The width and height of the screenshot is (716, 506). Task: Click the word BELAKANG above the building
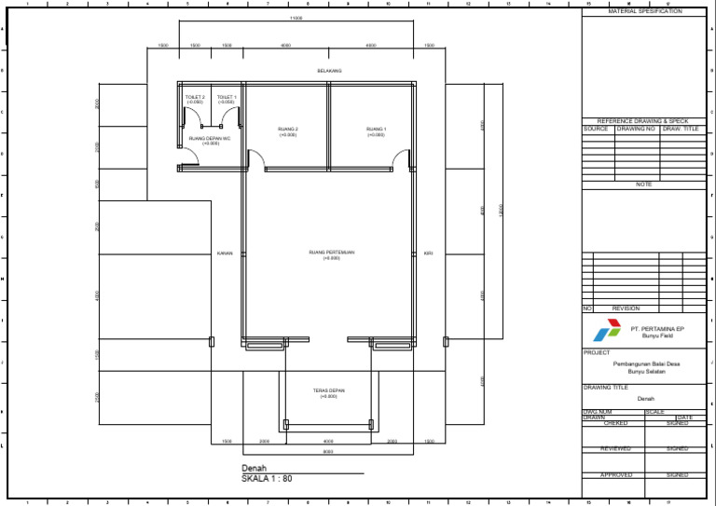pos(329,71)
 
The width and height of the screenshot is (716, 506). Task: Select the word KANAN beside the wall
pos(225,253)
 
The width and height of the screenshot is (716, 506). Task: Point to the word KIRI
pos(428,253)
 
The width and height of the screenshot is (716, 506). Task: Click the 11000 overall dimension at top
pos(296,18)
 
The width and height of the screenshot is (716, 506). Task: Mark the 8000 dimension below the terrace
pos(328,452)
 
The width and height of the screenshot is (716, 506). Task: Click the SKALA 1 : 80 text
pos(267,478)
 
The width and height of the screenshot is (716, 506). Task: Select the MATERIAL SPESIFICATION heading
pos(644,11)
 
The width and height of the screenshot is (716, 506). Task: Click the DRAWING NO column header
pos(637,129)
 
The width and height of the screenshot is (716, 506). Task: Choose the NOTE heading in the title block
pos(644,185)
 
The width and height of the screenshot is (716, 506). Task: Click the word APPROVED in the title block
pos(615,474)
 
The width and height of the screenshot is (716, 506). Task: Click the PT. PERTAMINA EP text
pos(657,328)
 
